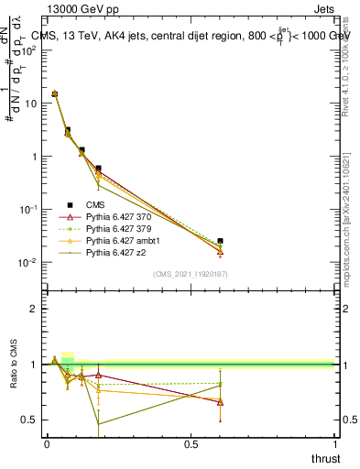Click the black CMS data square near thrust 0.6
pyautogui.click(x=220, y=241)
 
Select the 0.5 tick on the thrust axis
pyautogui.click(x=191, y=444)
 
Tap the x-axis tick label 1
pyautogui.click(x=335, y=444)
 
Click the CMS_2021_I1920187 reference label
pyautogui.click(x=190, y=275)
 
